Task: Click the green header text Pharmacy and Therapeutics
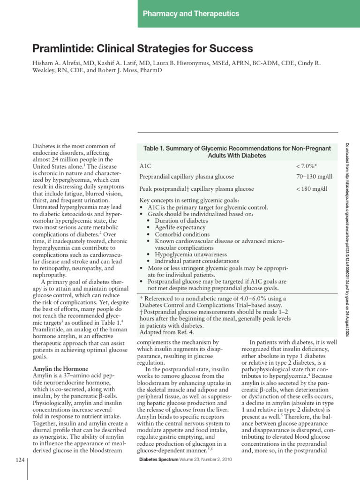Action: pos(191,14)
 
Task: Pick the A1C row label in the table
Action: pos(145,166)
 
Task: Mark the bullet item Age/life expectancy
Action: pos(180,227)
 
